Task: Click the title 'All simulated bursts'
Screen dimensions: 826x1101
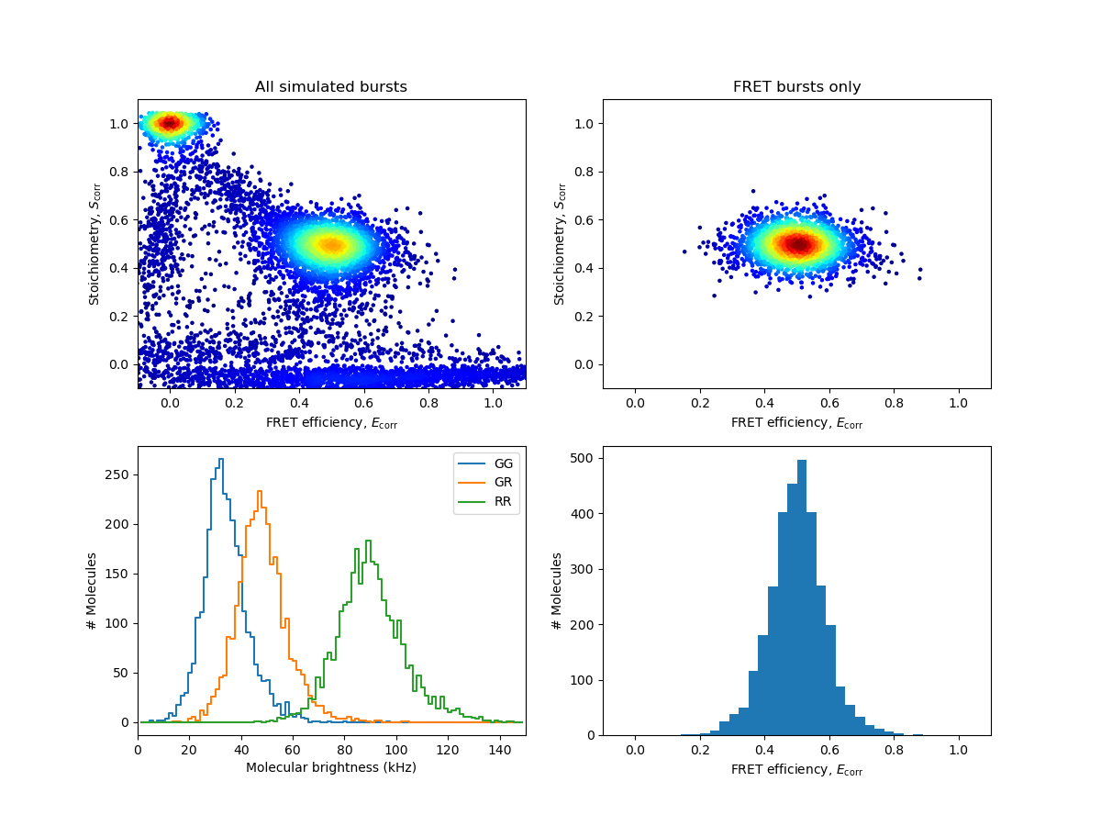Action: point(331,87)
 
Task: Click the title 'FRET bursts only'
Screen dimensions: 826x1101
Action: point(796,87)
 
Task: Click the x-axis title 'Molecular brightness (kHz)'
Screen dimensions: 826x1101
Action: point(331,767)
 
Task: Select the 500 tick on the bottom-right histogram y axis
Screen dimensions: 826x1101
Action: point(584,458)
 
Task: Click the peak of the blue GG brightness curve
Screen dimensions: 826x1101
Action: point(220,459)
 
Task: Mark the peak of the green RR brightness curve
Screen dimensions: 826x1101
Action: point(368,541)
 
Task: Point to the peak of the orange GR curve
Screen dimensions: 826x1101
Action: point(261,492)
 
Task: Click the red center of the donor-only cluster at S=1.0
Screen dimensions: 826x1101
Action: point(170,123)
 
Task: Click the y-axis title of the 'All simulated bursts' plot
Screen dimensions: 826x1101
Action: point(95,244)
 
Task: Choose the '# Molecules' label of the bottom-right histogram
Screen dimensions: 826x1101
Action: point(558,591)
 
